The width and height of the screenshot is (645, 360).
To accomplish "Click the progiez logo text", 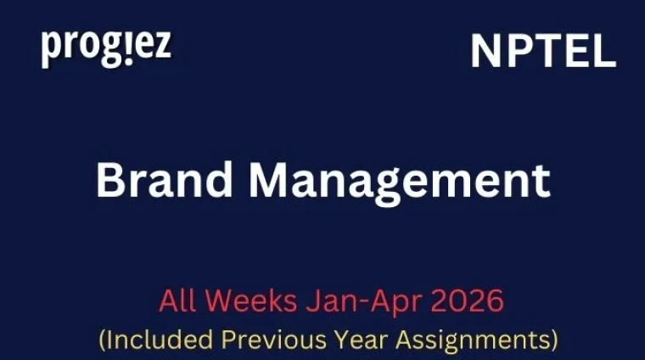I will [105, 48].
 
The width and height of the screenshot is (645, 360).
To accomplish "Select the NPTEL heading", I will [542, 53].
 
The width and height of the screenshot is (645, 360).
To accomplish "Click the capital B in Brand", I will [109, 181].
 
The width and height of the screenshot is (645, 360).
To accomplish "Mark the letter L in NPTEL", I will [603, 53].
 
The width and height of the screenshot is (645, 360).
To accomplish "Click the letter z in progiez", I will [161, 48].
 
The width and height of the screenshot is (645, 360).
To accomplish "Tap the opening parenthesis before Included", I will [103, 340].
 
